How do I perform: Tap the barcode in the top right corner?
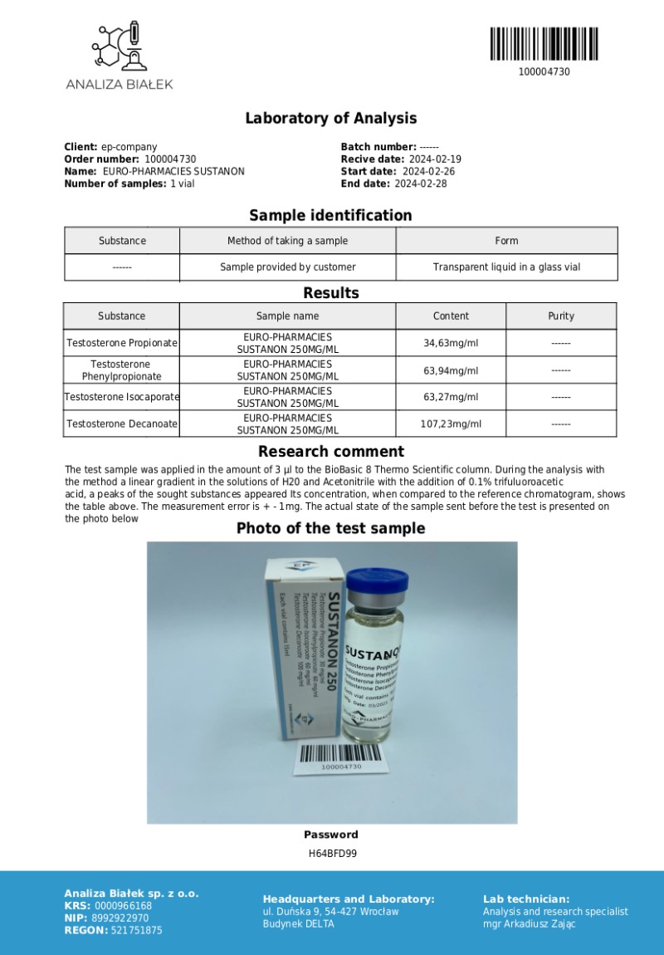(x=543, y=43)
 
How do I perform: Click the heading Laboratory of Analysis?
(x=330, y=118)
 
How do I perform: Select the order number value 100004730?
(x=170, y=159)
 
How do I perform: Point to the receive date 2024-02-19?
(x=434, y=159)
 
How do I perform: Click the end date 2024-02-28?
(x=420, y=184)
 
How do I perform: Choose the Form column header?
(x=506, y=241)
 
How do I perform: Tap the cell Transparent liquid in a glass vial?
(x=506, y=267)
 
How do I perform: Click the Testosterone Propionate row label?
(x=122, y=343)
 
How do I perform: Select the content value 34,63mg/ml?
(x=451, y=343)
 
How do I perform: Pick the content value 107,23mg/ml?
(x=451, y=424)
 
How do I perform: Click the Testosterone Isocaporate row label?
(x=122, y=397)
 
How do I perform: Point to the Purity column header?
(x=561, y=316)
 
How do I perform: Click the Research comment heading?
(x=330, y=452)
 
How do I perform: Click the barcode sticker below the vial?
(x=340, y=758)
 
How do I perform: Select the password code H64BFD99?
(x=332, y=853)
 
